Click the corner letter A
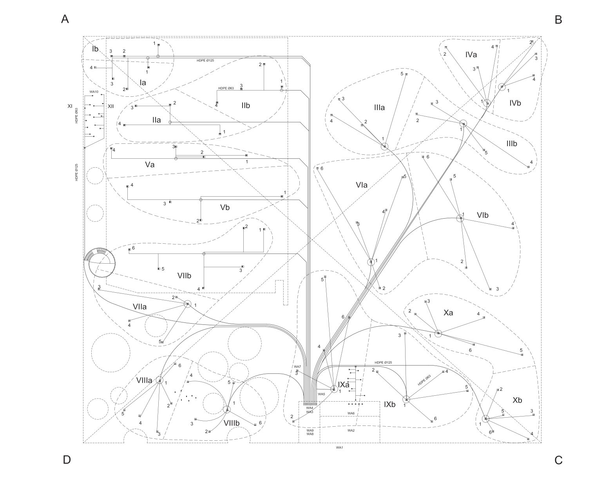point(65,19)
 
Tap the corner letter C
point(558,460)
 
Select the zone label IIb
point(246,106)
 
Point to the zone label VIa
point(361,185)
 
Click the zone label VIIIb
point(232,423)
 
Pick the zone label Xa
point(448,313)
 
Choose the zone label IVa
point(471,54)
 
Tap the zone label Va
point(150,165)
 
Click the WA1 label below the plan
point(339,447)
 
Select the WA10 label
point(94,92)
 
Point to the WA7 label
point(297,367)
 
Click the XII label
point(110,107)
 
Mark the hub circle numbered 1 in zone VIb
point(460,218)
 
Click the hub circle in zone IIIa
point(384,147)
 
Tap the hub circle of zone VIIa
point(188,304)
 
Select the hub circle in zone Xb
point(485,419)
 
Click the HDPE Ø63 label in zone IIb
point(226,88)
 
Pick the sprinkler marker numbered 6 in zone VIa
point(317,168)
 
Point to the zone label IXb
point(389,404)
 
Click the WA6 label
point(351,413)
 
